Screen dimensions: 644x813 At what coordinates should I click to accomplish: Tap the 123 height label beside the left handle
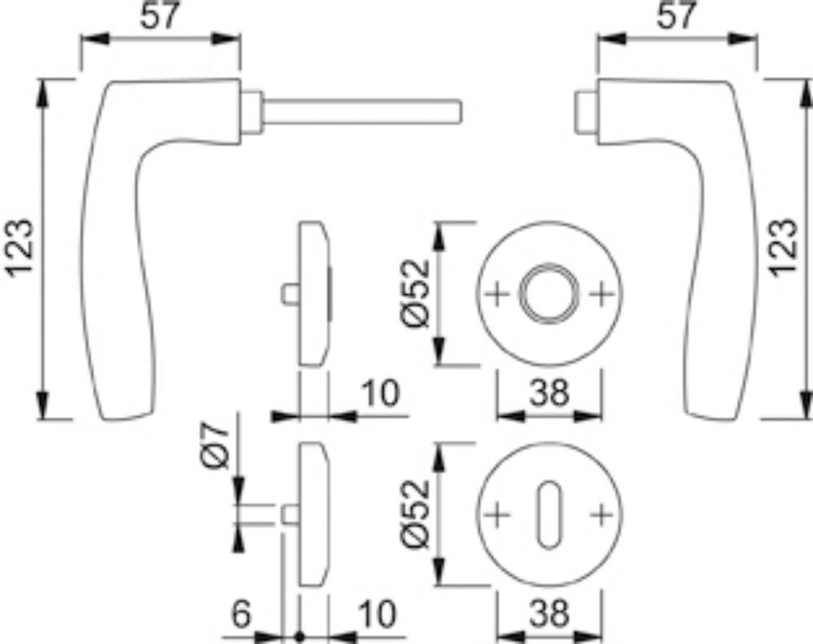pyautogui.click(x=20, y=247)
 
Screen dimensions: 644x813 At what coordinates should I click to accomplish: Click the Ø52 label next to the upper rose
pyautogui.click(x=415, y=293)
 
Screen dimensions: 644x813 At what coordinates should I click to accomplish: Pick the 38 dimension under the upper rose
pyautogui.click(x=549, y=394)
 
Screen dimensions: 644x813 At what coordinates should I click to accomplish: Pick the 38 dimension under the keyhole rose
pyautogui.click(x=549, y=615)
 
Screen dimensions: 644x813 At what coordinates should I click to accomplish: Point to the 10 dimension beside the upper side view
pyautogui.click(x=379, y=393)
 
